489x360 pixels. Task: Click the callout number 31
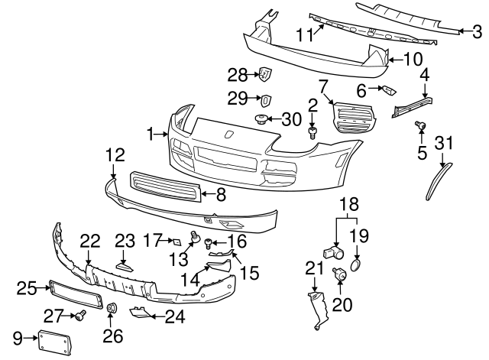tap(445, 142)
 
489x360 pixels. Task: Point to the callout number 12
tap(115, 154)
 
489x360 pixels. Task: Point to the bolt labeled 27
tap(79, 314)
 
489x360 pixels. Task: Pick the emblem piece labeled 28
tap(264, 74)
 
